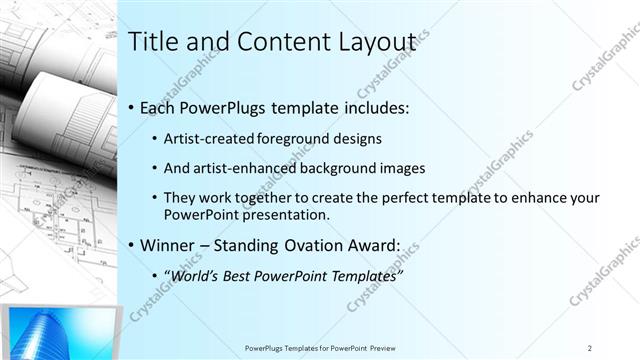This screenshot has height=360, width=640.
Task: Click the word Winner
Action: [x=167, y=245]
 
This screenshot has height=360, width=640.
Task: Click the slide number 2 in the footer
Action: [x=590, y=348]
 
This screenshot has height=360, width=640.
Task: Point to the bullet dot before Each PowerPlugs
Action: [x=132, y=108]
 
